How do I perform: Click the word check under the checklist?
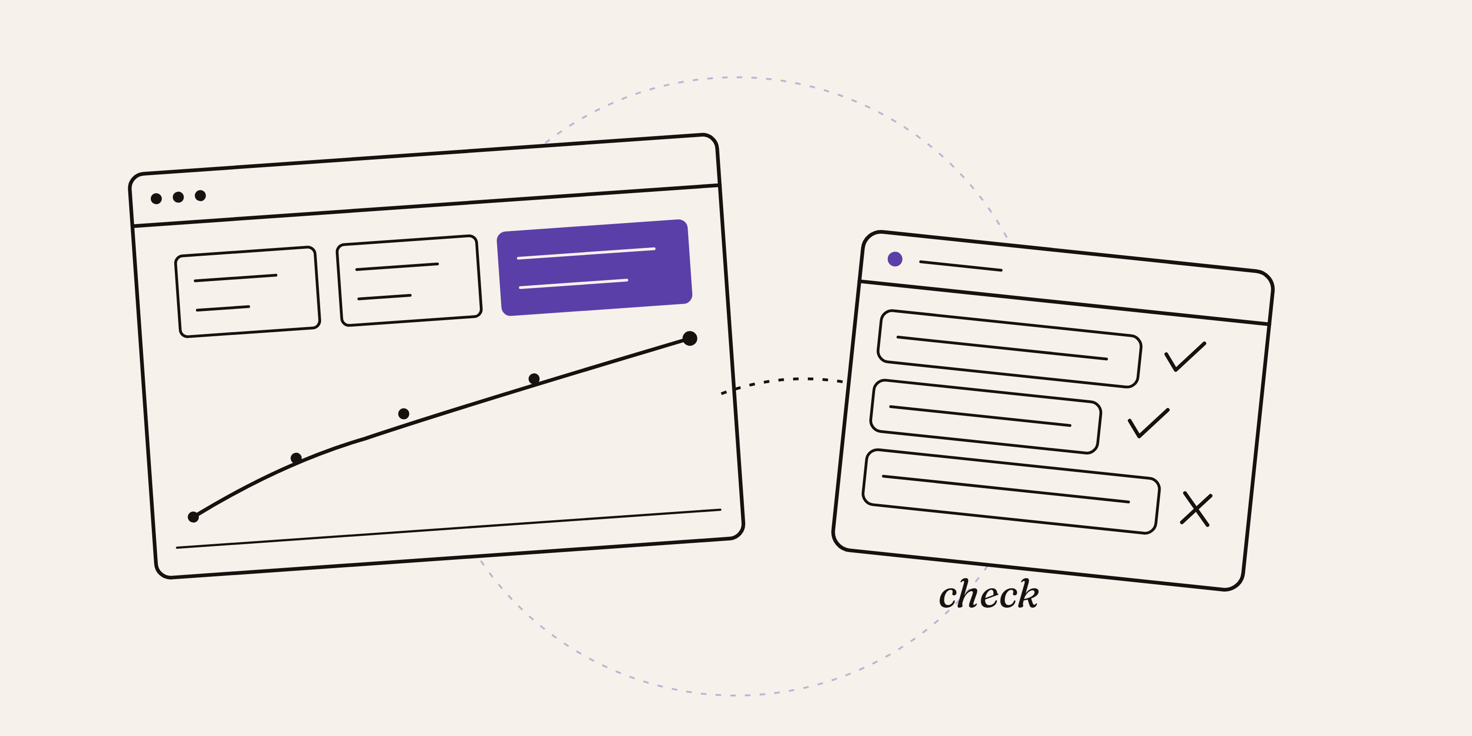click(989, 594)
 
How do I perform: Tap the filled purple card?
click(594, 267)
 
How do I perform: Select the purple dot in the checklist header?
click(895, 259)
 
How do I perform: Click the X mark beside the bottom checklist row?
click(1196, 509)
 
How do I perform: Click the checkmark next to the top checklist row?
click(1184, 356)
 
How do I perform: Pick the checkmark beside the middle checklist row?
click(1148, 423)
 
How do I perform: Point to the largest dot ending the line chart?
click(690, 338)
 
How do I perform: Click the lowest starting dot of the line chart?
click(193, 517)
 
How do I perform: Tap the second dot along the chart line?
click(296, 458)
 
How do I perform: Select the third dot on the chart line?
click(403, 414)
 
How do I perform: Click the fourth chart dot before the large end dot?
click(534, 378)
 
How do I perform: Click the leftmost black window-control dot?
click(156, 198)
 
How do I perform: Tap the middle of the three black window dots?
click(178, 197)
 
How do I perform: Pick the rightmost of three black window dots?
click(200, 195)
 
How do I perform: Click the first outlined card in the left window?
click(247, 292)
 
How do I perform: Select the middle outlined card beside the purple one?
click(409, 281)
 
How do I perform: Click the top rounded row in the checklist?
click(1009, 349)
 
